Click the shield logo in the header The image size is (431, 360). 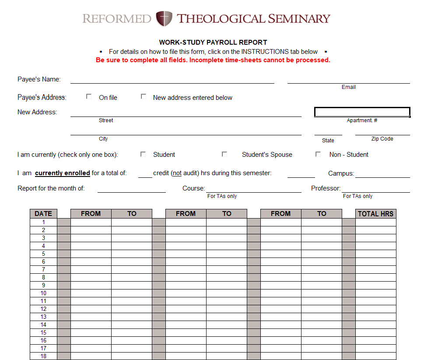pyautogui.click(x=164, y=19)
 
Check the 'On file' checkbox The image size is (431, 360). pyautogui.click(x=89, y=97)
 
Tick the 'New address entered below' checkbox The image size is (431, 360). pyautogui.click(x=144, y=97)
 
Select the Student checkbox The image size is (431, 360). pyautogui.click(x=143, y=154)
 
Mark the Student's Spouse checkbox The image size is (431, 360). pyautogui.click(x=224, y=154)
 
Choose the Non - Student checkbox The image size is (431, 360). pyautogui.click(x=318, y=154)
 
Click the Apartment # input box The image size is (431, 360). pyautogui.click(x=362, y=112)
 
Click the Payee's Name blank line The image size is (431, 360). pyautogui.click(x=172, y=80)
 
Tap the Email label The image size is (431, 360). pyautogui.click(x=348, y=87)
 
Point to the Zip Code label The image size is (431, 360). pyautogui.click(x=382, y=139)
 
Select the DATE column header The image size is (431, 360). pyautogui.click(x=43, y=214)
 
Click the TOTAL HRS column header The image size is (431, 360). pyautogui.click(x=375, y=214)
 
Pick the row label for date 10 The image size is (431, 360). pyautogui.click(x=43, y=293)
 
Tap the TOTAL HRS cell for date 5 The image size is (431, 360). pyautogui.click(x=375, y=254)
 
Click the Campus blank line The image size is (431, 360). pyautogui.click(x=382, y=174)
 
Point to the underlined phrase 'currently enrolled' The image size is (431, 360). pyautogui.click(x=63, y=173)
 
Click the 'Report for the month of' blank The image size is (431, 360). pyautogui.click(x=131, y=189)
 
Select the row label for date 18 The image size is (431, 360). pyautogui.click(x=43, y=356)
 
